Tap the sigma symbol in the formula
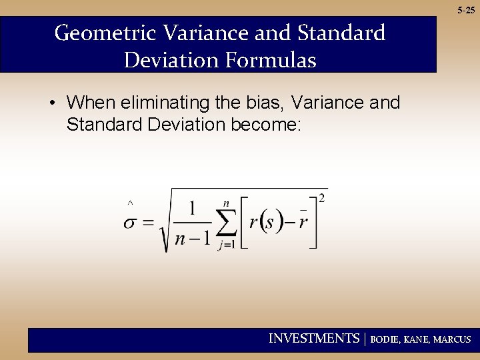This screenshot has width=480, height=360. coord(131,223)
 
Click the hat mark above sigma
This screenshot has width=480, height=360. coord(130,201)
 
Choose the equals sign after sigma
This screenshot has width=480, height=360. coord(149,223)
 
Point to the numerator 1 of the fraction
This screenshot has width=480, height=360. coord(193,209)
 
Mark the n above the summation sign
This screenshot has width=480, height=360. coord(226,203)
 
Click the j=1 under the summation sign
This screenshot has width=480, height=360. coord(227,245)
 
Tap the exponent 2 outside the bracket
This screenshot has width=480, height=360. coord(323,197)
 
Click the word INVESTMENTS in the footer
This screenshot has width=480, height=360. coord(314,339)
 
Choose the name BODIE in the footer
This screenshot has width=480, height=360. coord(385,339)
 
